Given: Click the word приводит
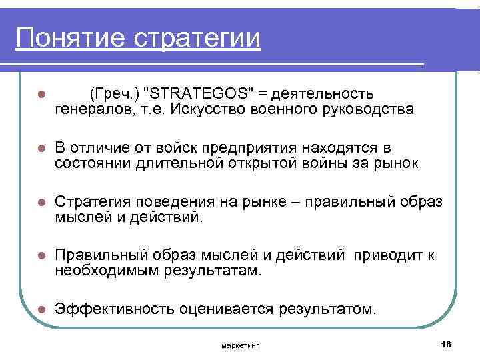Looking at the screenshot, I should (x=387, y=255).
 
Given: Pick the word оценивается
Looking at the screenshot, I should (x=229, y=309).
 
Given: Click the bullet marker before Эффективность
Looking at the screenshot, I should (x=41, y=310).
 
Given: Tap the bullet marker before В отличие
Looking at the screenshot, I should (x=41, y=147).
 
